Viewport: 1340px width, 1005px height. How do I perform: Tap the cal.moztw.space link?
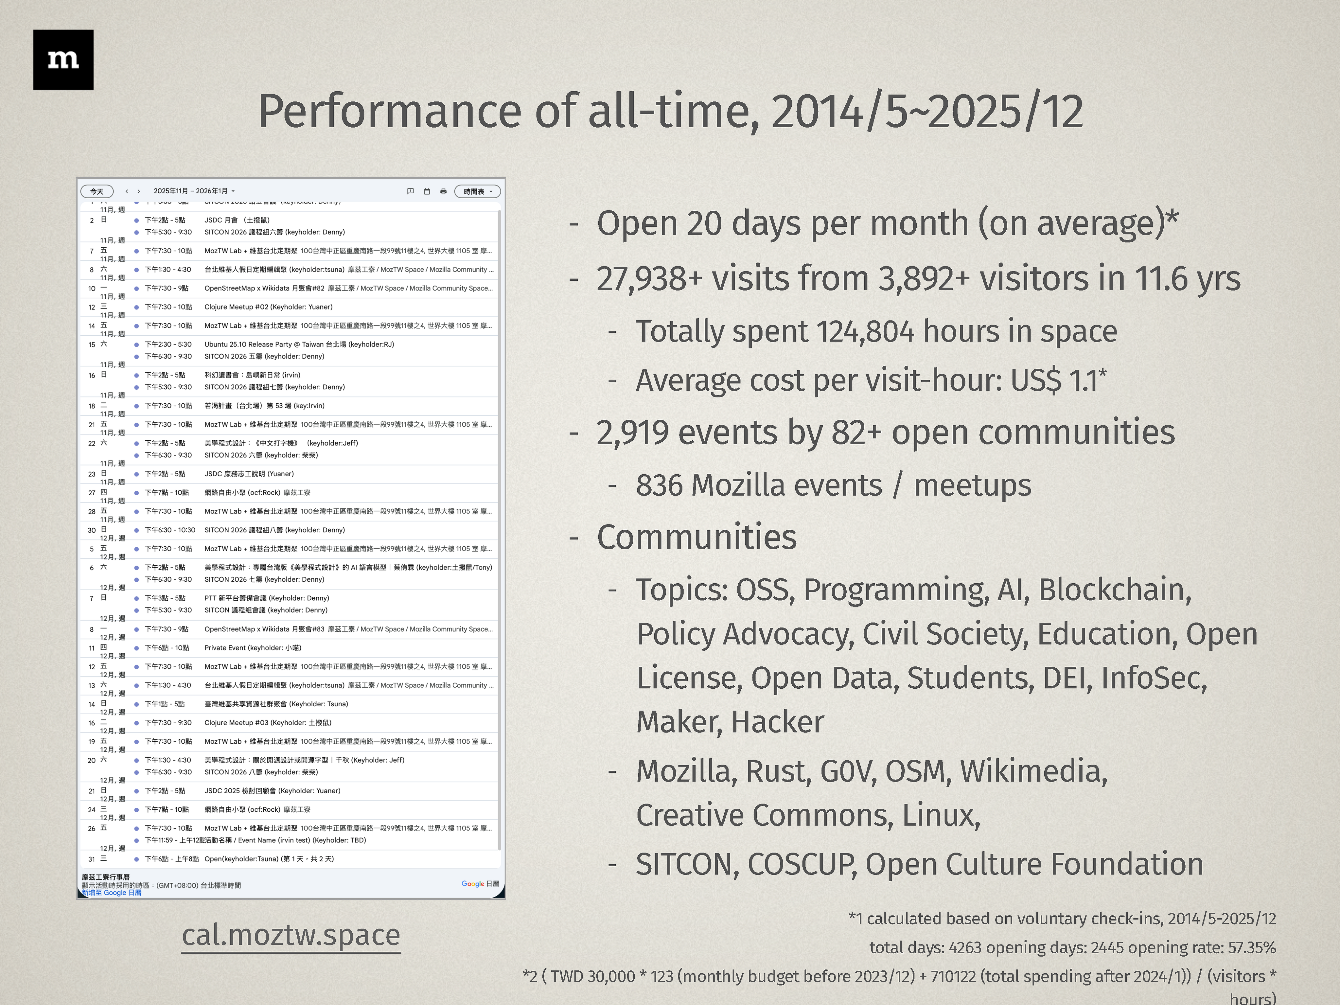[x=291, y=935]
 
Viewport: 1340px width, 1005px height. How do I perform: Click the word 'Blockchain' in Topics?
[x=1113, y=590]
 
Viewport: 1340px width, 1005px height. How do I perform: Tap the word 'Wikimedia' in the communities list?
[x=1033, y=771]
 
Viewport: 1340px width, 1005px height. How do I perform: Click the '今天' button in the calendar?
[x=97, y=191]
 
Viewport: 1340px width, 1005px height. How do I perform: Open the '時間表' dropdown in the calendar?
[x=477, y=191]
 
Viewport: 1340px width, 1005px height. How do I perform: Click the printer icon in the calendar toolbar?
[x=443, y=191]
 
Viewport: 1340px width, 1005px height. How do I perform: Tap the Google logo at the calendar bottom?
[x=472, y=884]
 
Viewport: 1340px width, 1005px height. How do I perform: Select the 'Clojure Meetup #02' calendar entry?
[x=268, y=307]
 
